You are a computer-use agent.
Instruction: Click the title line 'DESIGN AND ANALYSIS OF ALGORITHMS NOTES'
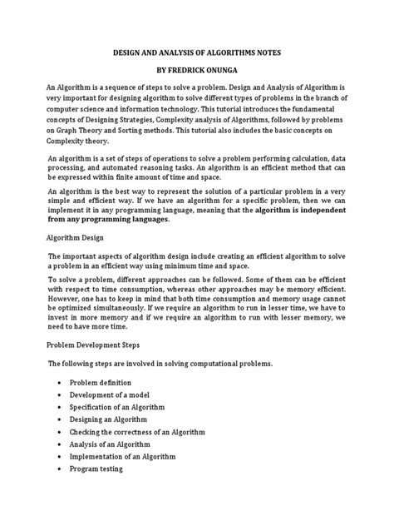pyautogui.click(x=197, y=52)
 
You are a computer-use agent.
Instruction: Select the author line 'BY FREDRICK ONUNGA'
pyautogui.click(x=197, y=72)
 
